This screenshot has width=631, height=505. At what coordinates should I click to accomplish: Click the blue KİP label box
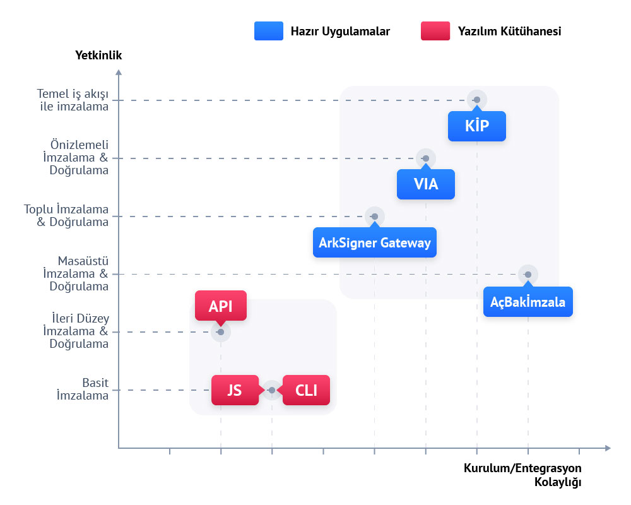click(476, 126)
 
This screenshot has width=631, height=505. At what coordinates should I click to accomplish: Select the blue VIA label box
click(425, 184)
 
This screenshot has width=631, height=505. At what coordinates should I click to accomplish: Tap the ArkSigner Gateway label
click(375, 242)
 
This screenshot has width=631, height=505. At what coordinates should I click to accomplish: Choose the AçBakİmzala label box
click(528, 302)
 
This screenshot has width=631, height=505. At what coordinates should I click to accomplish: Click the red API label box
click(221, 306)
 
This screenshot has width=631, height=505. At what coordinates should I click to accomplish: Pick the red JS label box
click(234, 390)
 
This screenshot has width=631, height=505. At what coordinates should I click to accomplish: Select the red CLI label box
click(307, 390)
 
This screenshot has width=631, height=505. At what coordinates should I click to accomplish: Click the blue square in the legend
click(268, 31)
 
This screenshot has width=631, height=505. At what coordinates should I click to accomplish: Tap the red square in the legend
click(435, 31)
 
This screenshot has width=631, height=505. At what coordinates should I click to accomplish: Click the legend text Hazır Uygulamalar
click(340, 31)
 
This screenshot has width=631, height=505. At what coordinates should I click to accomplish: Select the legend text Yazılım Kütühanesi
click(509, 31)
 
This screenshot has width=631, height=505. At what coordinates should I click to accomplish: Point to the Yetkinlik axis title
click(98, 56)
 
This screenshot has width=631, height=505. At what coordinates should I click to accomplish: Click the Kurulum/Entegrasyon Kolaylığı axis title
click(522, 475)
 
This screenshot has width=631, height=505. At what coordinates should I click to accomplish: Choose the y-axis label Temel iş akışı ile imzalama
click(73, 100)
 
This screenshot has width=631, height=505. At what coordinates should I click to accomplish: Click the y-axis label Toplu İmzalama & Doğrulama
click(66, 215)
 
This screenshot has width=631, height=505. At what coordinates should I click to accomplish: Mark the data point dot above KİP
click(477, 100)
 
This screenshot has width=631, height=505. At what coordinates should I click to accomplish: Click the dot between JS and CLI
click(272, 390)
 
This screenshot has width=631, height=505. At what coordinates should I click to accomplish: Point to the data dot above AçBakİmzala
click(528, 274)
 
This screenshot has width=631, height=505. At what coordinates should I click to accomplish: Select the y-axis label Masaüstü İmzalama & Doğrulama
click(76, 273)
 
